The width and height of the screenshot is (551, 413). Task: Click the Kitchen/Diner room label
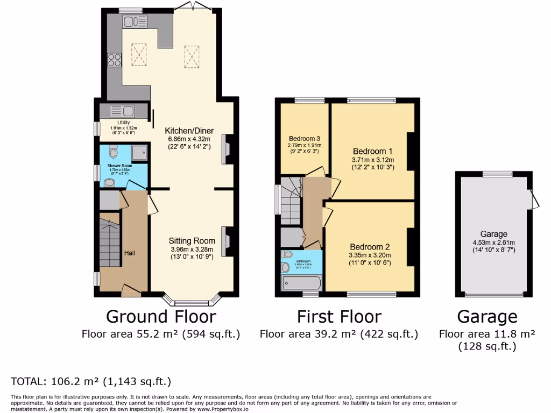click(x=189, y=131)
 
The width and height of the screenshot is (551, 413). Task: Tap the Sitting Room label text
click(x=192, y=241)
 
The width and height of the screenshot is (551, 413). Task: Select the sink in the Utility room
click(x=123, y=111)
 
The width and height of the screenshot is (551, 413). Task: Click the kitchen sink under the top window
click(x=135, y=21)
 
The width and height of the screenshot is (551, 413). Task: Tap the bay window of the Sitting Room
click(x=192, y=299)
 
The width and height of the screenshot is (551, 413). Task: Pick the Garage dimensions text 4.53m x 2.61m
click(x=494, y=242)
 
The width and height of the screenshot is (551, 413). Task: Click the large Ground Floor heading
click(x=161, y=316)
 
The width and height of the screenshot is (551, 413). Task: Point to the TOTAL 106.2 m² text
click(x=91, y=382)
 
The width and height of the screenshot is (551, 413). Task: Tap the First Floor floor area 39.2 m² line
click(x=338, y=334)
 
